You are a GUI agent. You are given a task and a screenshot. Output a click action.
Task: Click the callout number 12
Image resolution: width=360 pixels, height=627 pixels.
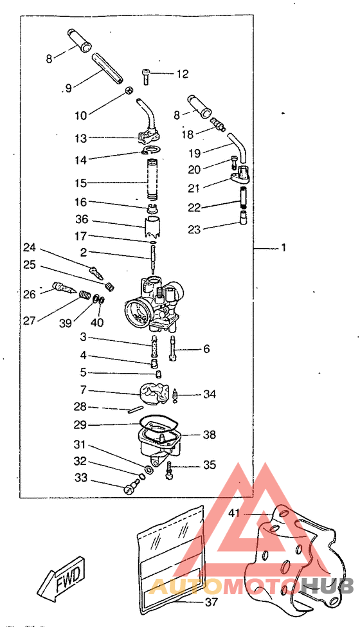point(182,74)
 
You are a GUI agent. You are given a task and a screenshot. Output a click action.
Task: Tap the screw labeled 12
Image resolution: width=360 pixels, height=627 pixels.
point(146,76)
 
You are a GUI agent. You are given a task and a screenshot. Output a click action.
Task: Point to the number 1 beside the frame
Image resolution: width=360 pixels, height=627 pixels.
point(283,248)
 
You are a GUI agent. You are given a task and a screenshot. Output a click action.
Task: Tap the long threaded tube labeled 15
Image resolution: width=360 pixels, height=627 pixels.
point(153,179)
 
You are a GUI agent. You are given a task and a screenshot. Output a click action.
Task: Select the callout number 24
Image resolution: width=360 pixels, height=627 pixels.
point(29,248)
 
